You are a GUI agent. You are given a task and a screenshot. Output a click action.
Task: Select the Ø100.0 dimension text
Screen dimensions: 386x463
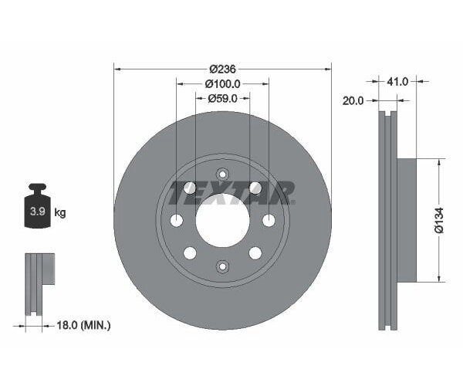click(223, 83)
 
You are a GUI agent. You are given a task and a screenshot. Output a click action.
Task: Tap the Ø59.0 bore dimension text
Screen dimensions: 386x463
click(223, 98)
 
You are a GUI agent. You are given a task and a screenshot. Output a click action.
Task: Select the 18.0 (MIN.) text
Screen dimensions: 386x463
click(85, 326)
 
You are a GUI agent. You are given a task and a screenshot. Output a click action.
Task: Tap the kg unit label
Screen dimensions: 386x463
click(59, 212)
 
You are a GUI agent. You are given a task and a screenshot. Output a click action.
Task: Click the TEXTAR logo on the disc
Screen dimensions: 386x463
click(232, 192)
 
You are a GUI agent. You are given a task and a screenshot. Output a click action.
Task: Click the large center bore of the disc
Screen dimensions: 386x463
click(222, 220)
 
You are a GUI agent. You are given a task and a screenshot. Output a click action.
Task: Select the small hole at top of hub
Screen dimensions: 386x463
click(222, 174)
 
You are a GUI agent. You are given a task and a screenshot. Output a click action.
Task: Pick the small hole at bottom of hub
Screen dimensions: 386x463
click(222, 266)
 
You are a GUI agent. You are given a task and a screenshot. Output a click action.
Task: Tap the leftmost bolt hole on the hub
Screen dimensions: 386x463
click(177, 221)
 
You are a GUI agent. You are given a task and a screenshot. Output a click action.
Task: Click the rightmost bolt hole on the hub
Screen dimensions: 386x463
click(269, 221)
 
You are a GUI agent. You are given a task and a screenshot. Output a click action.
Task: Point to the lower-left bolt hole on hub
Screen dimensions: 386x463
click(190, 252)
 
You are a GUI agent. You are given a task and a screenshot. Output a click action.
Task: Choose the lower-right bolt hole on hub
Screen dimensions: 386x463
click(255, 252)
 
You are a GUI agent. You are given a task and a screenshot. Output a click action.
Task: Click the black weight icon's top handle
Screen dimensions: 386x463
click(37, 188)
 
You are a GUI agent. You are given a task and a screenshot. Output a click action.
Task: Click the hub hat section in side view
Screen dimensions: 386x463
click(407, 221)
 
